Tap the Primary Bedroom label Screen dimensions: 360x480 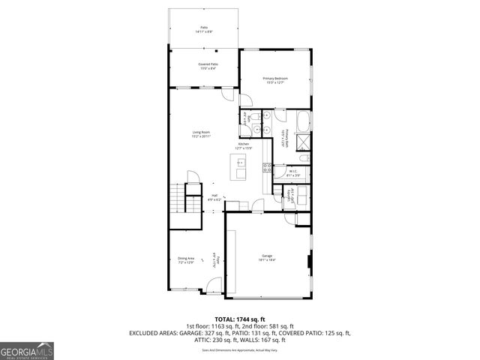[x=275, y=80]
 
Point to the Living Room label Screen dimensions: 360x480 [x=199, y=134]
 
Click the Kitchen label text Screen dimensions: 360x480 [x=244, y=145]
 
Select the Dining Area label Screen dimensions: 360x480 [x=186, y=260]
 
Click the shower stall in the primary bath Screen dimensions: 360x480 [x=303, y=141]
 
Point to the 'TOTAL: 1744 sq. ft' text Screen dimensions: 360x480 [x=240, y=318]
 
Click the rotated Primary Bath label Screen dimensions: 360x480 [x=282, y=138]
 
